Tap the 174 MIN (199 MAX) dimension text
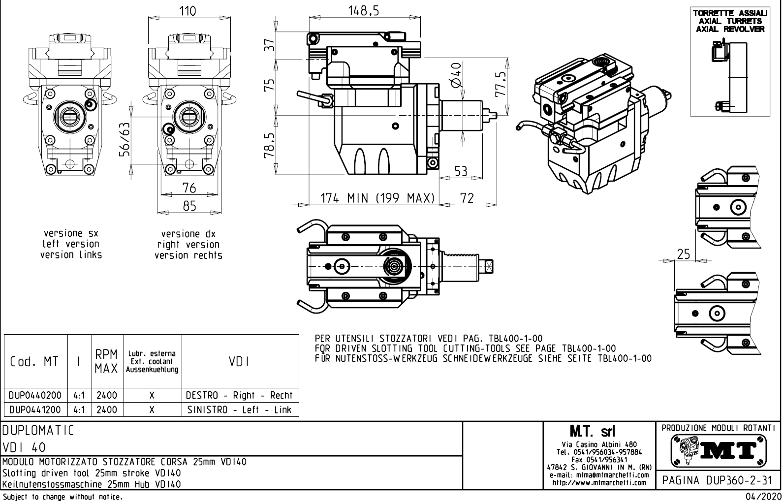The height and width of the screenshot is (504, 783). [377, 198]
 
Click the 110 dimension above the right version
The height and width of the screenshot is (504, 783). [187, 11]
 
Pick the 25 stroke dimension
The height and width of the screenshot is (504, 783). [684, 254]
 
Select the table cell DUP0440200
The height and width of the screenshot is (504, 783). [35, 395]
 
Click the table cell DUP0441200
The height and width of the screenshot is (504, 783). [35, 409]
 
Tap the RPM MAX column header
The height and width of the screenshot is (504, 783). [106, 361]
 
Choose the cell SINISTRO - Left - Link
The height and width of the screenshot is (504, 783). [239, 409]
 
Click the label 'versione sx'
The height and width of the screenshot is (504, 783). [71, 233]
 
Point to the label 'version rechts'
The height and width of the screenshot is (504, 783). [188, 255]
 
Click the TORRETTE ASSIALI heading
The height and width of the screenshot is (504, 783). [730, 13]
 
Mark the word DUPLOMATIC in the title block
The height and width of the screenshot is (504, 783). [38, 431]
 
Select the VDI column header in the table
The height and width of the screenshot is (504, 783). [239, 361]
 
